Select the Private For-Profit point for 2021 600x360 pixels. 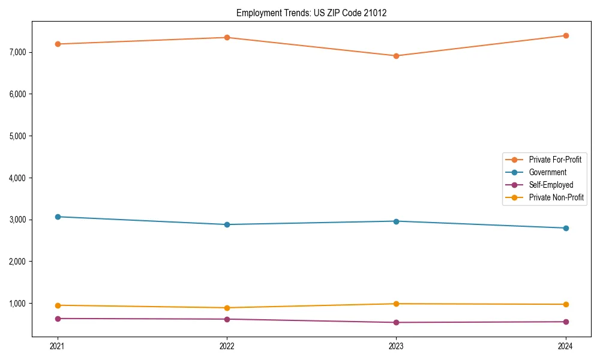58,44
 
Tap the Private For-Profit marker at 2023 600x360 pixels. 396,56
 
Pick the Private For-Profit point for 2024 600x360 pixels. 566,35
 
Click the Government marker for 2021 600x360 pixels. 58,217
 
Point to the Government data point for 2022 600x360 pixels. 227,224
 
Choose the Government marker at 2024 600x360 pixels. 566,228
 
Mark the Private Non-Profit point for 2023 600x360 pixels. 396,304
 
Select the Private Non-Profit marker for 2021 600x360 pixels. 58,305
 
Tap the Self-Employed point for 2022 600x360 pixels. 227,319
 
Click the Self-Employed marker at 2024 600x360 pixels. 566,322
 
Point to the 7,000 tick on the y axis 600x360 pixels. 18,52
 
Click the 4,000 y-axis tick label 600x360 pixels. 18,178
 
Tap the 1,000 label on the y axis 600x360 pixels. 18,304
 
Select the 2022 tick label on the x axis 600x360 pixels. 227,346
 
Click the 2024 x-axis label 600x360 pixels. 566,346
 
